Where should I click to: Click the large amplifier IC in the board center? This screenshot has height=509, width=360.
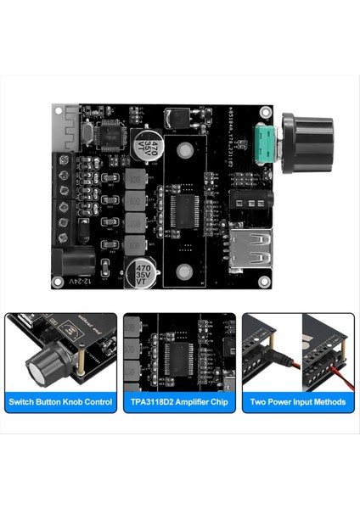(184, 208)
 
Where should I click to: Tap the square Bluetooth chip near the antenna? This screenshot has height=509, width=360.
(108, 132)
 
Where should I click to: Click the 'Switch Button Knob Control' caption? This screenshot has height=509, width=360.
(60, 401)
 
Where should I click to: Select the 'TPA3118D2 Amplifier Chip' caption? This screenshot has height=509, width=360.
(180, 401)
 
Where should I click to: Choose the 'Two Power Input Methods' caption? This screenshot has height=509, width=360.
(298, 401)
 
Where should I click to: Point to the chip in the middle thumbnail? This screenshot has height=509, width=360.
(178, 356)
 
